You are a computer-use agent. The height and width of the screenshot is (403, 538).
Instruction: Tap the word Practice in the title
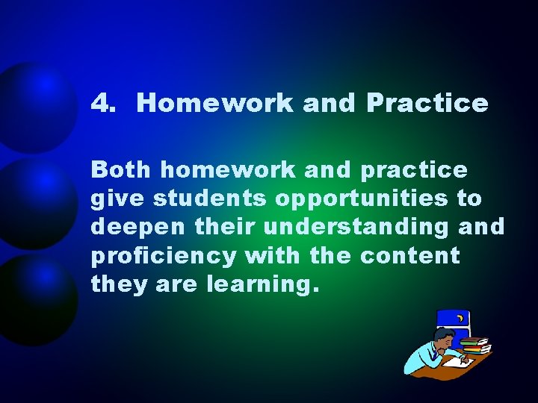click(x=427, y=103)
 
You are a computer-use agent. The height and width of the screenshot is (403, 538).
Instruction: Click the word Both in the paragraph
click(x=122, y=170)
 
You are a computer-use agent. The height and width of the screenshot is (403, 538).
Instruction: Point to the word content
click(x=410, y=256)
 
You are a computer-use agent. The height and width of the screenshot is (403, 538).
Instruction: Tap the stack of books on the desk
click(x=474, y=346)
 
